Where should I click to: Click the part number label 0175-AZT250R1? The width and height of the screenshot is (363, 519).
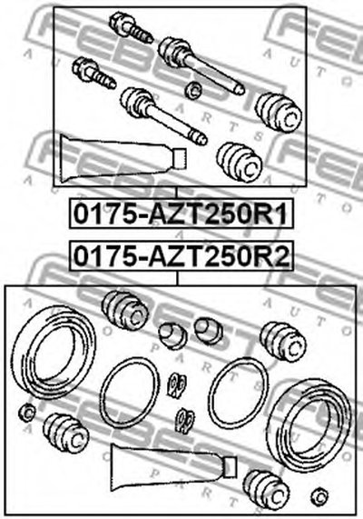181,214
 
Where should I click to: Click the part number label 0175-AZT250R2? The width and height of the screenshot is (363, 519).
181,256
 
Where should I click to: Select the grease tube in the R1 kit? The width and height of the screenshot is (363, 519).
123,158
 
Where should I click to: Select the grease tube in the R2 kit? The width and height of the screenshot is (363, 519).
174,468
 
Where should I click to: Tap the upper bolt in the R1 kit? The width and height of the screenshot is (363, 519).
132,28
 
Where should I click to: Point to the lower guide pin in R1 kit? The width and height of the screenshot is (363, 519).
163,116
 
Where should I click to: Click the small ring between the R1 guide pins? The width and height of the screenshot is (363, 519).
193,90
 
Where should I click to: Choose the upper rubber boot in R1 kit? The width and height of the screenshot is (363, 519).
279,114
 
